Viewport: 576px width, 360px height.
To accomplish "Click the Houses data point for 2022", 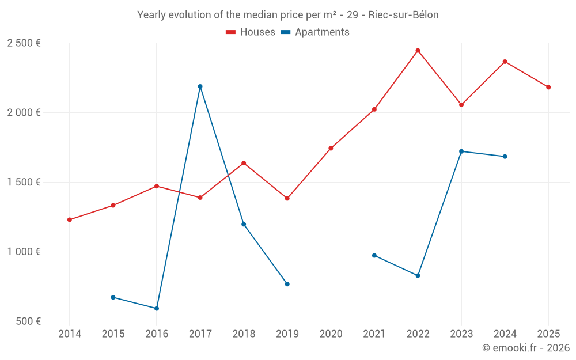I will [418, 51].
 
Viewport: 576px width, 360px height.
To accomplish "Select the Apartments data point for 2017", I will [200, 86].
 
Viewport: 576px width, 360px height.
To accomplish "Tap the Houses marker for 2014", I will [70, 219].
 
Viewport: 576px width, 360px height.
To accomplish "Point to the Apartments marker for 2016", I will [157, 308].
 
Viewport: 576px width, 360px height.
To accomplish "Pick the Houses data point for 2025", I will [548, 87].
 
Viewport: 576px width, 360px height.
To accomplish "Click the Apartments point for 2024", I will [505, 157].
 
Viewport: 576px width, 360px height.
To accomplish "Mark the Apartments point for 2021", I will [374, 255].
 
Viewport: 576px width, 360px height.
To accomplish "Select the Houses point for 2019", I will [287, 198].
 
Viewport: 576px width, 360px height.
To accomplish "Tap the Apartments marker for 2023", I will [461, 151].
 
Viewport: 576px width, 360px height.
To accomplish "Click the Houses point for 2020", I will [331, 148].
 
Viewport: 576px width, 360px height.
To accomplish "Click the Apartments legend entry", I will [315, 32].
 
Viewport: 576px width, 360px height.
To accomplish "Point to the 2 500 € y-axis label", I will [24, 43].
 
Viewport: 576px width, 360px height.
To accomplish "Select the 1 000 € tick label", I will [24, 252].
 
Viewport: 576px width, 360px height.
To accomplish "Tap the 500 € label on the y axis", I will [27, 321].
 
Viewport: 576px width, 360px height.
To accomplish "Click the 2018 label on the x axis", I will [244, 334].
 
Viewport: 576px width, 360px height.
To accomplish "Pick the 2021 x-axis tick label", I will [374, 334].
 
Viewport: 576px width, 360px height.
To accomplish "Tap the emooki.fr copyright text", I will [526, 348].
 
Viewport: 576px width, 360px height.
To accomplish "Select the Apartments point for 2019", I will [287, 284].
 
